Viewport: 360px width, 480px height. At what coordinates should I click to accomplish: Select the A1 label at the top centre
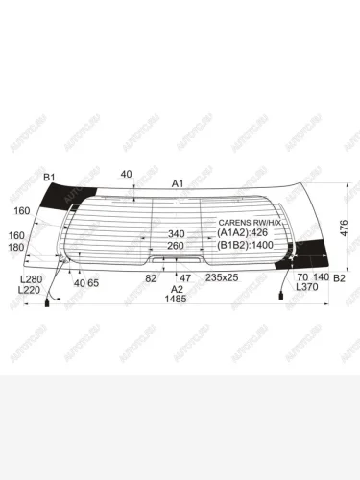(x=178, y=182)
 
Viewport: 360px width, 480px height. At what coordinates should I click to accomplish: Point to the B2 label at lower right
(x=339, y=278)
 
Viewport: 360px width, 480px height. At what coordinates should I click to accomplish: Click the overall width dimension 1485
(x=175, y=300)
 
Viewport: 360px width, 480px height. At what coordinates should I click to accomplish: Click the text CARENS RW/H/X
(x=251, y=222)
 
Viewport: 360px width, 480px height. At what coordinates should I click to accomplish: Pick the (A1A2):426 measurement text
(x=245, y=233)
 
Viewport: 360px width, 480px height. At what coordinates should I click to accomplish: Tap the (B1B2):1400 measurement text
(x=247, y=246)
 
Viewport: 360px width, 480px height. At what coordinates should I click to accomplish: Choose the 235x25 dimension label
(x=223, y=278)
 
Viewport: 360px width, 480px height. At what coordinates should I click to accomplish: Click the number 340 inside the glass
(x=177, y=234)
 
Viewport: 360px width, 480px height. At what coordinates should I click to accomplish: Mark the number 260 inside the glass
(x=176, y=246)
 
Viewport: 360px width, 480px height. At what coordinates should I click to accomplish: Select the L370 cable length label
(x=306, y=288)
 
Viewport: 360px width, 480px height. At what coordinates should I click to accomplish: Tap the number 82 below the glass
(x=151, y=278)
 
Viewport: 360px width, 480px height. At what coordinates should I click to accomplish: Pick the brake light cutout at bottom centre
(x=177, y=259)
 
